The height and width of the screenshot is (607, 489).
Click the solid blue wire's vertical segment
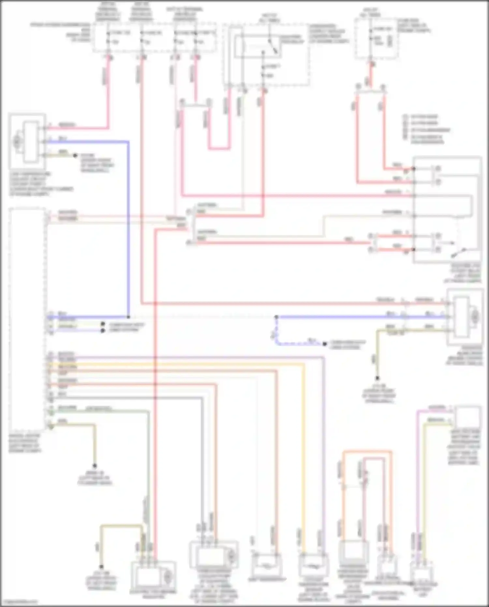pyautogui.click(x=128, y=228)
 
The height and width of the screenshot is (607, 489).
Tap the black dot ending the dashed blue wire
pyautogui.click(x=325, y=344)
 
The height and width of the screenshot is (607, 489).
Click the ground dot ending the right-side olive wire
pyautogui.click(x=378, y=378)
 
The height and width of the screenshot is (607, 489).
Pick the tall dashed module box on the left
pyautogui.click(x=27, y=320)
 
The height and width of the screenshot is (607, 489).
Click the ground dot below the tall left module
pyautogui.click(x=95, y=465)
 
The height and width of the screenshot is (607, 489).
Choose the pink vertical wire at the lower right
pyautogui.click(x=418, y=473)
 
